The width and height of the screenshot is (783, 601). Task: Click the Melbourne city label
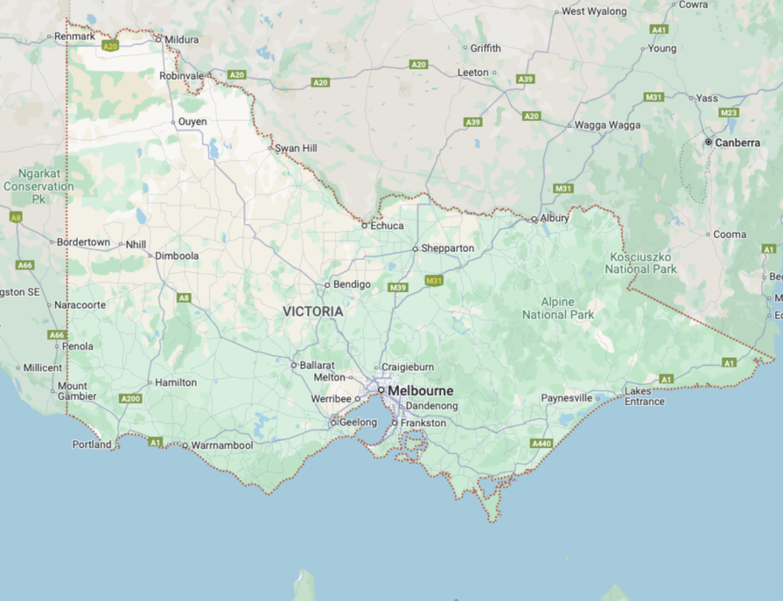(x=420, y=391)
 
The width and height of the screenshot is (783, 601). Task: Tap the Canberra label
(x=738, y=142)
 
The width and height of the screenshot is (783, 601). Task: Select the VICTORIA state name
(x=313, y=312)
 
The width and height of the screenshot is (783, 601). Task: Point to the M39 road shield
(x=398, y=288)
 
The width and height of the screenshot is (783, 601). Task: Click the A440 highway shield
(x=541, y=443)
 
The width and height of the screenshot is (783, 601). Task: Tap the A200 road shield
(x=131, y=398)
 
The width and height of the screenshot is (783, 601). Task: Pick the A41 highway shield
(x=659, y=29)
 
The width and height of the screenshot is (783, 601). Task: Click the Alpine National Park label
(x=558, y=308)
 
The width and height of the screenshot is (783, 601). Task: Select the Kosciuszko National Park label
(x=641, y=262)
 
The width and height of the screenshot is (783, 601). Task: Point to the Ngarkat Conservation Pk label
(x=38, y=186)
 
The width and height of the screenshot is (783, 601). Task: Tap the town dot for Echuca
(x=365, y=226)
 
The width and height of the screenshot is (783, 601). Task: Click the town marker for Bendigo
(x=327, y=284)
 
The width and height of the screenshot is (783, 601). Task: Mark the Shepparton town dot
(x=415, y=249)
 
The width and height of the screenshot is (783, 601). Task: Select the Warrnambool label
(x=222, y=445)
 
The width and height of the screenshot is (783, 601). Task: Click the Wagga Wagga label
(x=608, y=125)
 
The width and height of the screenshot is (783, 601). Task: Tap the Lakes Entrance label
(x=644, y=396)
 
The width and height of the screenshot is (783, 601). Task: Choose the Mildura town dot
(x=159, y=39)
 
